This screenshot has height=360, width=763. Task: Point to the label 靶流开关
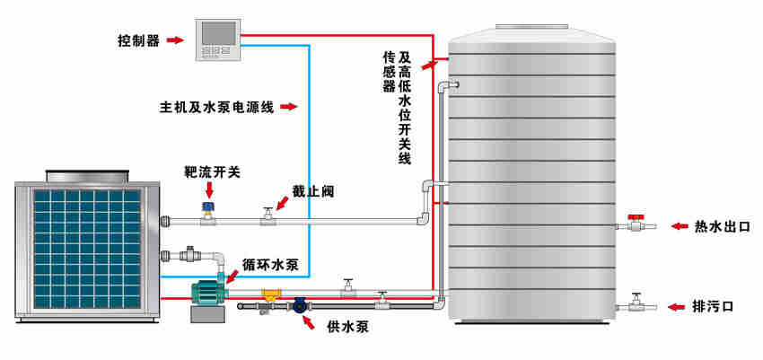click(212, 171)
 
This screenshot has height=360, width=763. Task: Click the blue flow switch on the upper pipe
click(208, 210)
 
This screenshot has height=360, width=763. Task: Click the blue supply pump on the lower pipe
click(300, 306)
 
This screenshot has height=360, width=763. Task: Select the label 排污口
click(715, 306)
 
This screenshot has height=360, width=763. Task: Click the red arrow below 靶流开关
click(209, 189)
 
